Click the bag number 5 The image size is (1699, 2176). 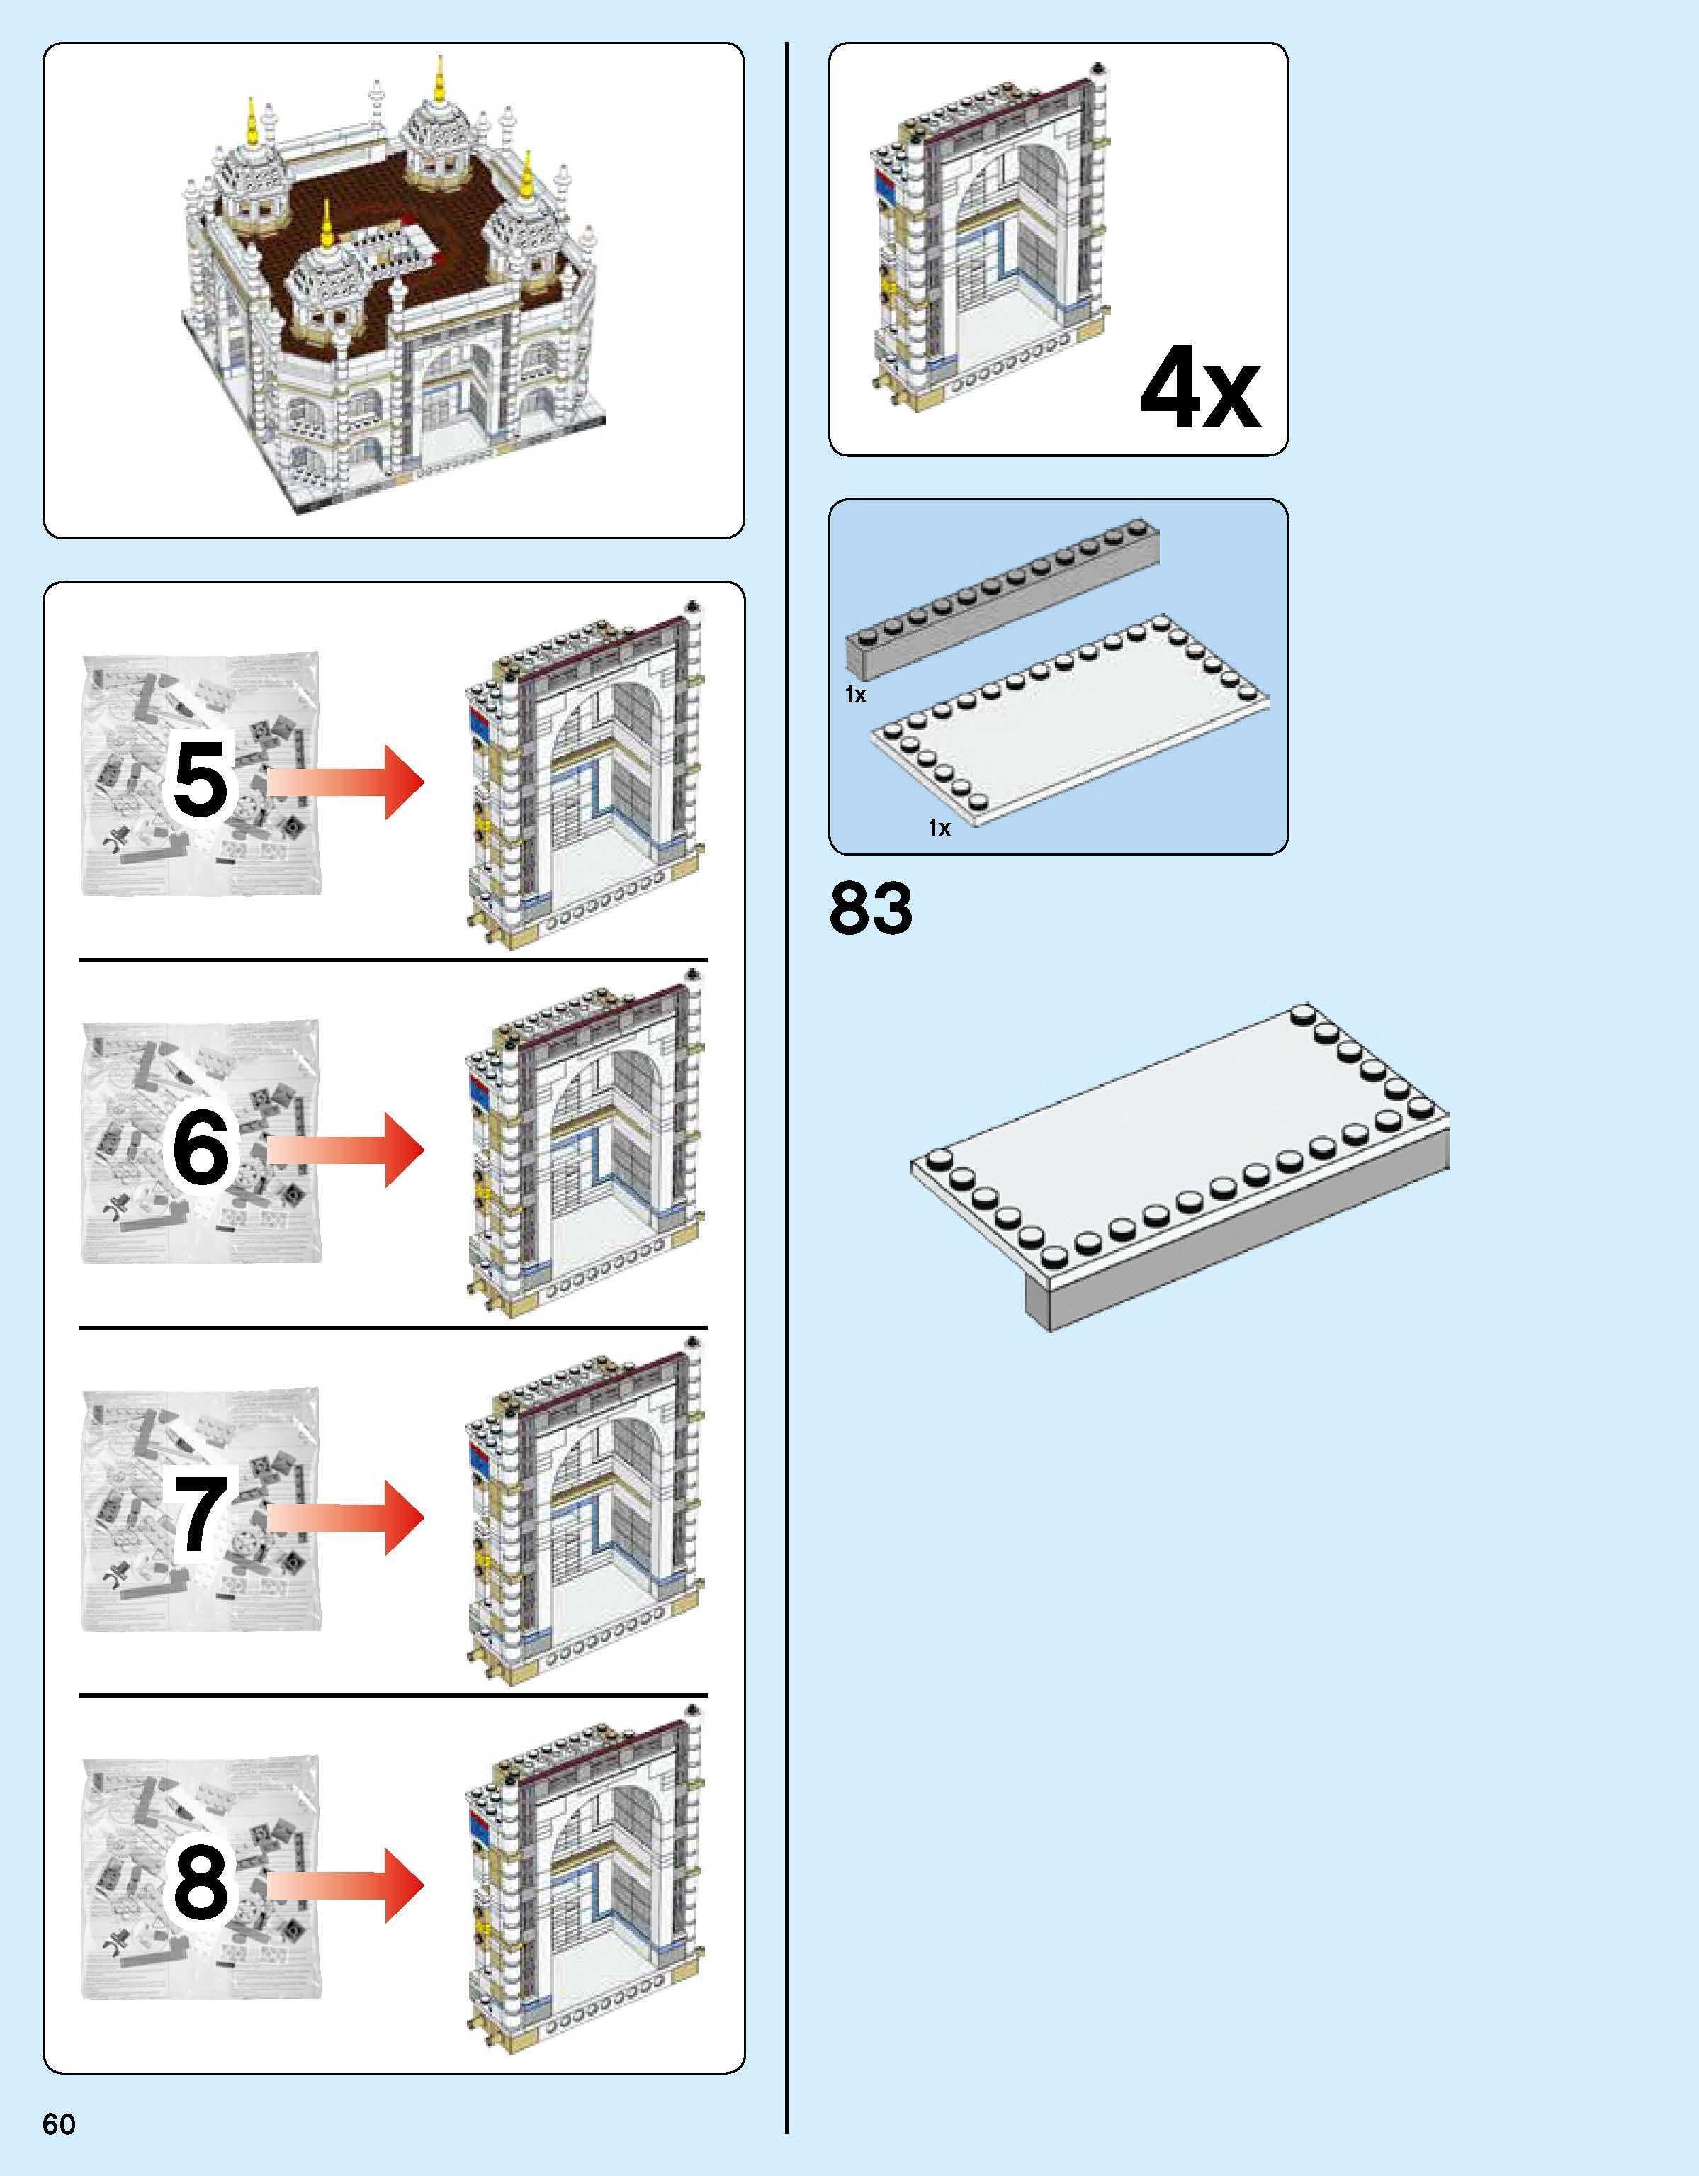click(201, 781)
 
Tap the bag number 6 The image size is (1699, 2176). click(201, 1148)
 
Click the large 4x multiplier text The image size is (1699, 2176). click(1200, 391)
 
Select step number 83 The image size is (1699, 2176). click(871, 909)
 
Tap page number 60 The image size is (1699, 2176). click(59, 2124)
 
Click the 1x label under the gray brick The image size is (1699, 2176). click(855, 695)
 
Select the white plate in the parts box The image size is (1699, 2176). click(1071, 722)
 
